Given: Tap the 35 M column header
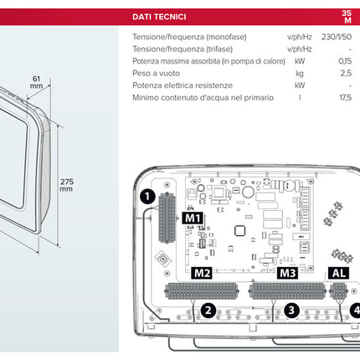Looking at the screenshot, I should click(x=347, y=17).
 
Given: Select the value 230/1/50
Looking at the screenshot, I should click(x=337, y=37).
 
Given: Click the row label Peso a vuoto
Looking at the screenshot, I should click(x=157, y=74).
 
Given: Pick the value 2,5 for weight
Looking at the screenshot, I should click(x=345, y=74).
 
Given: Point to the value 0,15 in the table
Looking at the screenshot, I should click(x=344, y=61).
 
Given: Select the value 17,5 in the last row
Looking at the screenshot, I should click(x=343, y=97).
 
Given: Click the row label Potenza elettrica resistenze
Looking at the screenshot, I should click(x=181, y=85).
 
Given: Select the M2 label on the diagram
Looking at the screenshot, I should click(x=202, y=273).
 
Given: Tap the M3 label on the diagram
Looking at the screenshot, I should click(x=287, y=273).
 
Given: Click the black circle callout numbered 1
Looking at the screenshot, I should click(x=146, y=198).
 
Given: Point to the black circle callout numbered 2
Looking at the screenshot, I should click(x=207, y=311).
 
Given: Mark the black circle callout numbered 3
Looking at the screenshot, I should click(x=291, y=311).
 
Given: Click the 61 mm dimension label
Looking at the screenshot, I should click(x=36, y=81).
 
